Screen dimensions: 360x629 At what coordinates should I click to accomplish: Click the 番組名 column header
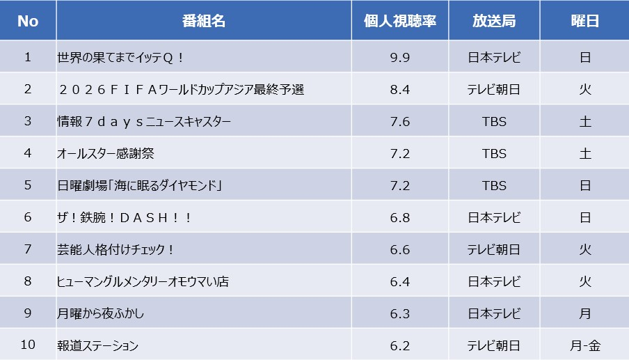[204, 21]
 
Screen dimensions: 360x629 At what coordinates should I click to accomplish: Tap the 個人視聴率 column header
[400, 21]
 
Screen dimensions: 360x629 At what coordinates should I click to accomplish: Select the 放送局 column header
[494, 21]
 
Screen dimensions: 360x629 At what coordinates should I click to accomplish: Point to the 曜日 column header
[584, 21]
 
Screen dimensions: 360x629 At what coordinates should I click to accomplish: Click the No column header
[28, 21]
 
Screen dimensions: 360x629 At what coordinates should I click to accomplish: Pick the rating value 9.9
[400, 57]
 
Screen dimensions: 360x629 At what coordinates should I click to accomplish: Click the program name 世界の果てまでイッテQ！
[121, 57]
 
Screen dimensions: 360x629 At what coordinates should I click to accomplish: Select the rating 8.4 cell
[400, 89]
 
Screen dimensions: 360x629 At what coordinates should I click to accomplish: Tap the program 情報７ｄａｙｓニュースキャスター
[143, 122]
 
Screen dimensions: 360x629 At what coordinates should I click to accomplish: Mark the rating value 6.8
[400, 218]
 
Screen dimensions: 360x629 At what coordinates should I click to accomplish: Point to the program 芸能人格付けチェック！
[116, 250]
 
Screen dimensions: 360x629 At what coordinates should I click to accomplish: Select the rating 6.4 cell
[400, 282]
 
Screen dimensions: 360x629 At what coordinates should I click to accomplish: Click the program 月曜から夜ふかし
[100, 314]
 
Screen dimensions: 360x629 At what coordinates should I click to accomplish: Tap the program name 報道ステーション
[97, 346]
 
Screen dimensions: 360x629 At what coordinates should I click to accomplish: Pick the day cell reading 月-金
[584, 346]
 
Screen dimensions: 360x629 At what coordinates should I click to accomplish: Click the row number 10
[28, 346]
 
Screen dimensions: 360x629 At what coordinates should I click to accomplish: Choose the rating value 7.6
[400, 122]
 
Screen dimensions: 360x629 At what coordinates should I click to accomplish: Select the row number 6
[28, 218]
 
